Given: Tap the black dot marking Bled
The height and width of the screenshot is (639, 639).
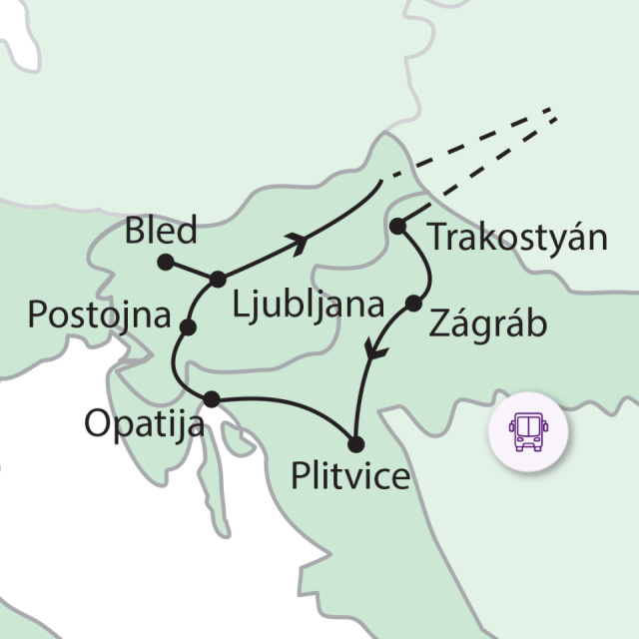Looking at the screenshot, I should pyautogui.click(x=166, y=263).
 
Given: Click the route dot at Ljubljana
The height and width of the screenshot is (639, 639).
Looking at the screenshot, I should pyautogui.click(x=218, y=277).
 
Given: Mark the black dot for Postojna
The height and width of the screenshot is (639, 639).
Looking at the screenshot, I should pyautogui.click(x=188, y=326).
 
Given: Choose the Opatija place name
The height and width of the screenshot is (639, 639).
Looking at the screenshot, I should pyautogui.click(x=144, y=423).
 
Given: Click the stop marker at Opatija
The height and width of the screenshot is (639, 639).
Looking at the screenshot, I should pyautogui.click(x=211, y=399).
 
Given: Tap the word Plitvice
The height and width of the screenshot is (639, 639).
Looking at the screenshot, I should pyautogui.click(x=349, y=476).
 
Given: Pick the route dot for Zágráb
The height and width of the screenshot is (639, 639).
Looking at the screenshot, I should pyautogui.click(x=413, y=302).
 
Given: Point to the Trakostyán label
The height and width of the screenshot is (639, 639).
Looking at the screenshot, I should pyautogui.click(x=516, y=240).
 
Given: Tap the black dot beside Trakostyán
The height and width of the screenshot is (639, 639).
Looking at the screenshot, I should pyautogui.click(x=396, y=227).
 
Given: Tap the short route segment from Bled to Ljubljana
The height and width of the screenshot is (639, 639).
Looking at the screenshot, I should pyautogui.click(x=192, y=270).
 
